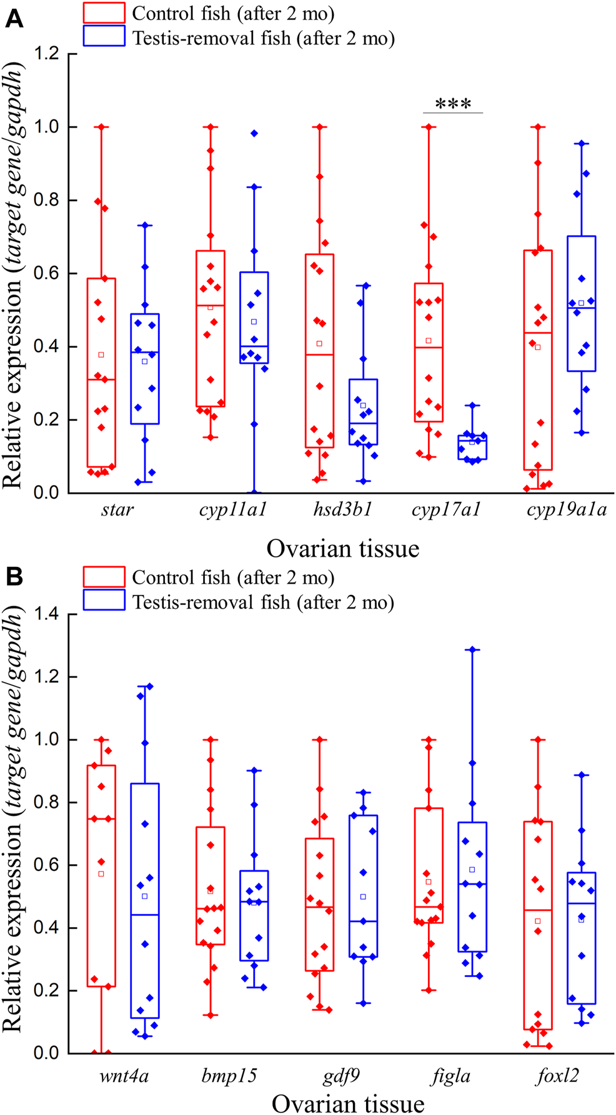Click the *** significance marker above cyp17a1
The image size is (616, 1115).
coord(453,104)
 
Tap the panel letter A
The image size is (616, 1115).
coord(14,19)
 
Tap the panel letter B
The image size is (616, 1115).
coord(14,577)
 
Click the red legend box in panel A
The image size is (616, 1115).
coord(104,13)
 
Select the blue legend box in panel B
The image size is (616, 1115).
coord(104,601)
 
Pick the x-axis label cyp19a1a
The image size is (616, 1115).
coord(566,510)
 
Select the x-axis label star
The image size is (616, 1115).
coord(117,511)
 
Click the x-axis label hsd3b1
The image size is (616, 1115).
coord(342,510)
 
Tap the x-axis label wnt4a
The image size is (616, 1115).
coord(124,1076)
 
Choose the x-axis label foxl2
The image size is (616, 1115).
coord(557,1076)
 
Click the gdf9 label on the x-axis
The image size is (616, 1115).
coord(341,1076)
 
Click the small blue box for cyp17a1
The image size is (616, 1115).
coord(472,447)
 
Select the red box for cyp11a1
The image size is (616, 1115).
coord(210,328)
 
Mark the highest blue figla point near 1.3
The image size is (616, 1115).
coord(472,649)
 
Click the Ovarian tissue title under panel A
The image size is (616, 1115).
coord(342,549)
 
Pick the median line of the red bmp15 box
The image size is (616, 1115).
coord(210,908)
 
